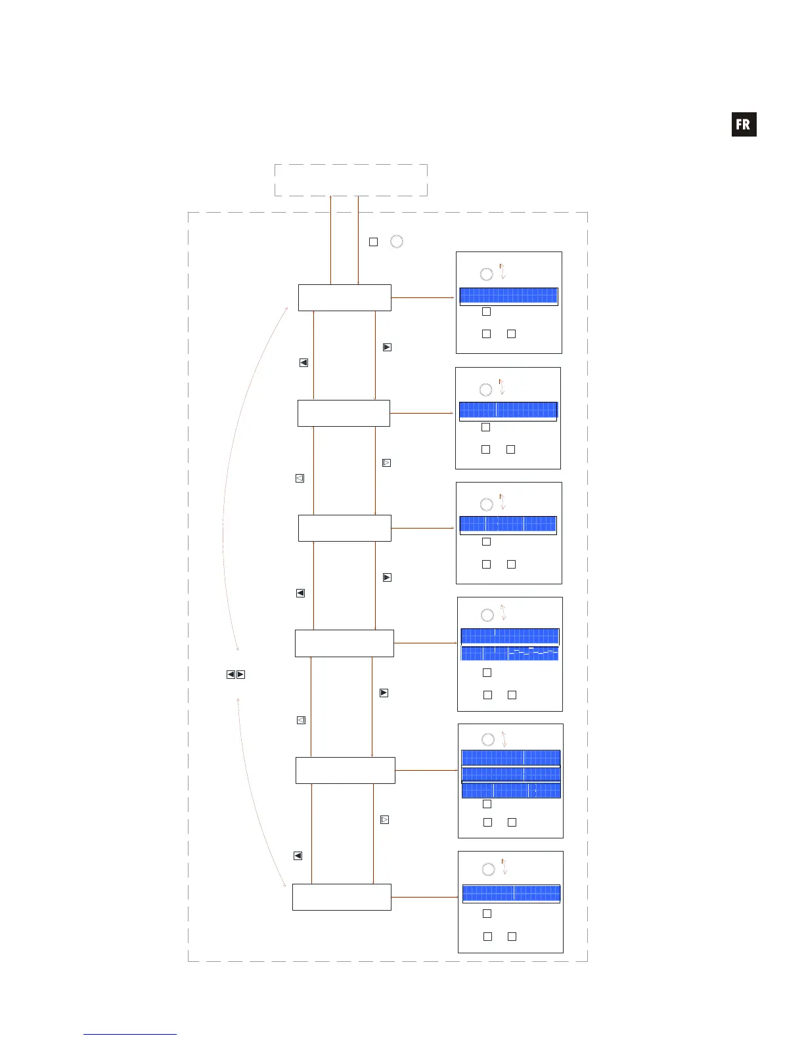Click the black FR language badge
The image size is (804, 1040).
[x=744, y=124]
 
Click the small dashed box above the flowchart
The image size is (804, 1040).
[x=351, y=180]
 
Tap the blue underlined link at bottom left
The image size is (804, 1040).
[x=129, y=1034]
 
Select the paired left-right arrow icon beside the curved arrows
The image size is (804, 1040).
[x=236, y=674]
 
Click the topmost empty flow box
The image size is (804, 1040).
[x=345, y=297]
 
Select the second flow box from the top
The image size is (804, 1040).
[x=344, y=413]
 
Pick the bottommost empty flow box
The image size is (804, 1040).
[x=342, y=897]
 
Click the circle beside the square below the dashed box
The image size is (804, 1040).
[x=397, y=242]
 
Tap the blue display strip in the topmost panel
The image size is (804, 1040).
[x=508, y=295]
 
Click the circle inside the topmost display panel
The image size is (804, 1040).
[x=486, y=274]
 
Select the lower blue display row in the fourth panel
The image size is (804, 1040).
[x=510, y=653]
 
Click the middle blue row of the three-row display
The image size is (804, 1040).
[x=511, y=774]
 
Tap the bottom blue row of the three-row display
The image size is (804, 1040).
[x=511, y=791]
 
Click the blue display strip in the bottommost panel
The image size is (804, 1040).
[x=511, y=893]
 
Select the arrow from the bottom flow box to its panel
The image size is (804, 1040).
[x=424, y=897]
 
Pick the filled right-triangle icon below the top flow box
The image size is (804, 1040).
[x=387, y=347]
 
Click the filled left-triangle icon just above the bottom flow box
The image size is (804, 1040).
[x=298, y=856]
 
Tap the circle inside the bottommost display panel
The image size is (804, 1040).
[x=488, y=869]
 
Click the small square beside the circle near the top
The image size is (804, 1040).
[x=373, y=242]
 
